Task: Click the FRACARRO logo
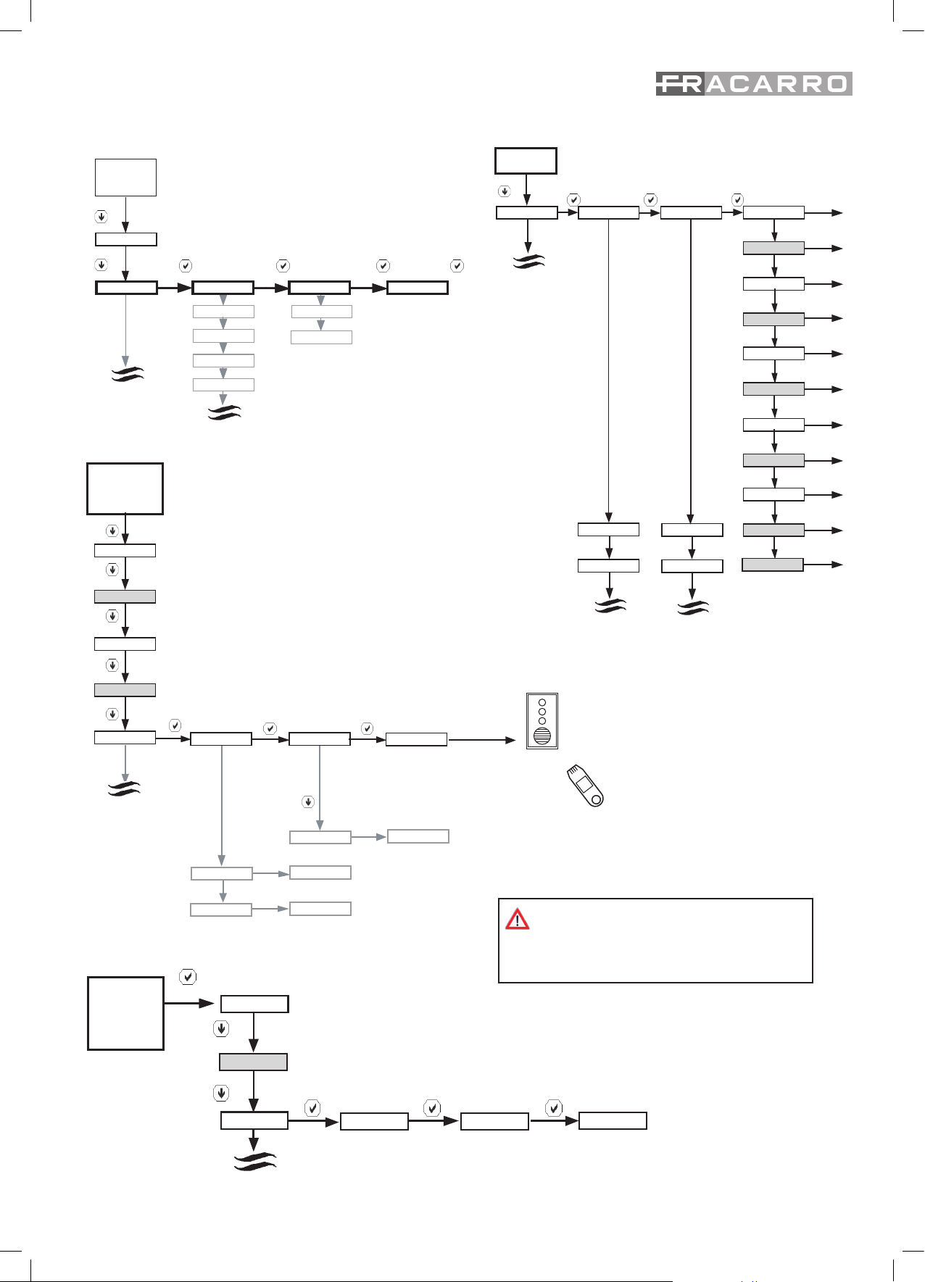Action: [x=754, y=83]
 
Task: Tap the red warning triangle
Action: [x=517, y=919]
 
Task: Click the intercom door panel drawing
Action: [x=542, y=721]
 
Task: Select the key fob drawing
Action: [x=585, y=786]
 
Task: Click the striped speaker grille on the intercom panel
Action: [x=542, y=737]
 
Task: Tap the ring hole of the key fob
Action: [x=596, y=799]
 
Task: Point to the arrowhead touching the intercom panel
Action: [x=510, y=740]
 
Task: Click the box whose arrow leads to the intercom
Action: [x=416, y=739]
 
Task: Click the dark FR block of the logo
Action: [x=680, y=83]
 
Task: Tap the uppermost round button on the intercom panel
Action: [x=542, y=702]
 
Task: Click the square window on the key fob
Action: [x=584, y=783]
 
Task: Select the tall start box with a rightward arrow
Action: [x=125, y=1013]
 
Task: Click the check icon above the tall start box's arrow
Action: [x=188, y=977]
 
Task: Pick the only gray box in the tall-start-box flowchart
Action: [x=254, y=1062]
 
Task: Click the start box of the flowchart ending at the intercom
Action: [x=125, y=488]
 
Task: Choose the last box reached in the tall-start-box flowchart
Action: [x=613, y=1120]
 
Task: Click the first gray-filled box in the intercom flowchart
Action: [x=125, y=596]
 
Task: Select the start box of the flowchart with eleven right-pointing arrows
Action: [x=526, y=160]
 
